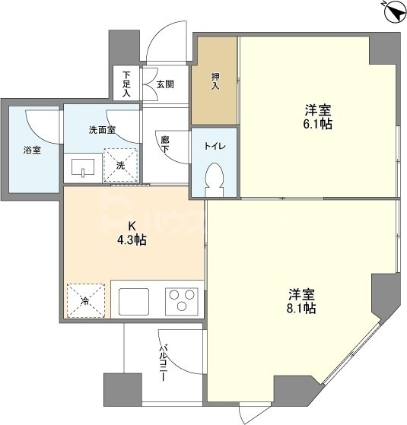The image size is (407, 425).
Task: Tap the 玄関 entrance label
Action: (165, 84)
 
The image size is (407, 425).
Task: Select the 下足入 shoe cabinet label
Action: (126, 84)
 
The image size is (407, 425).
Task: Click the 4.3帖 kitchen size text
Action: (132, 240)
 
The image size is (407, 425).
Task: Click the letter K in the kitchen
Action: (131, 226)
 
